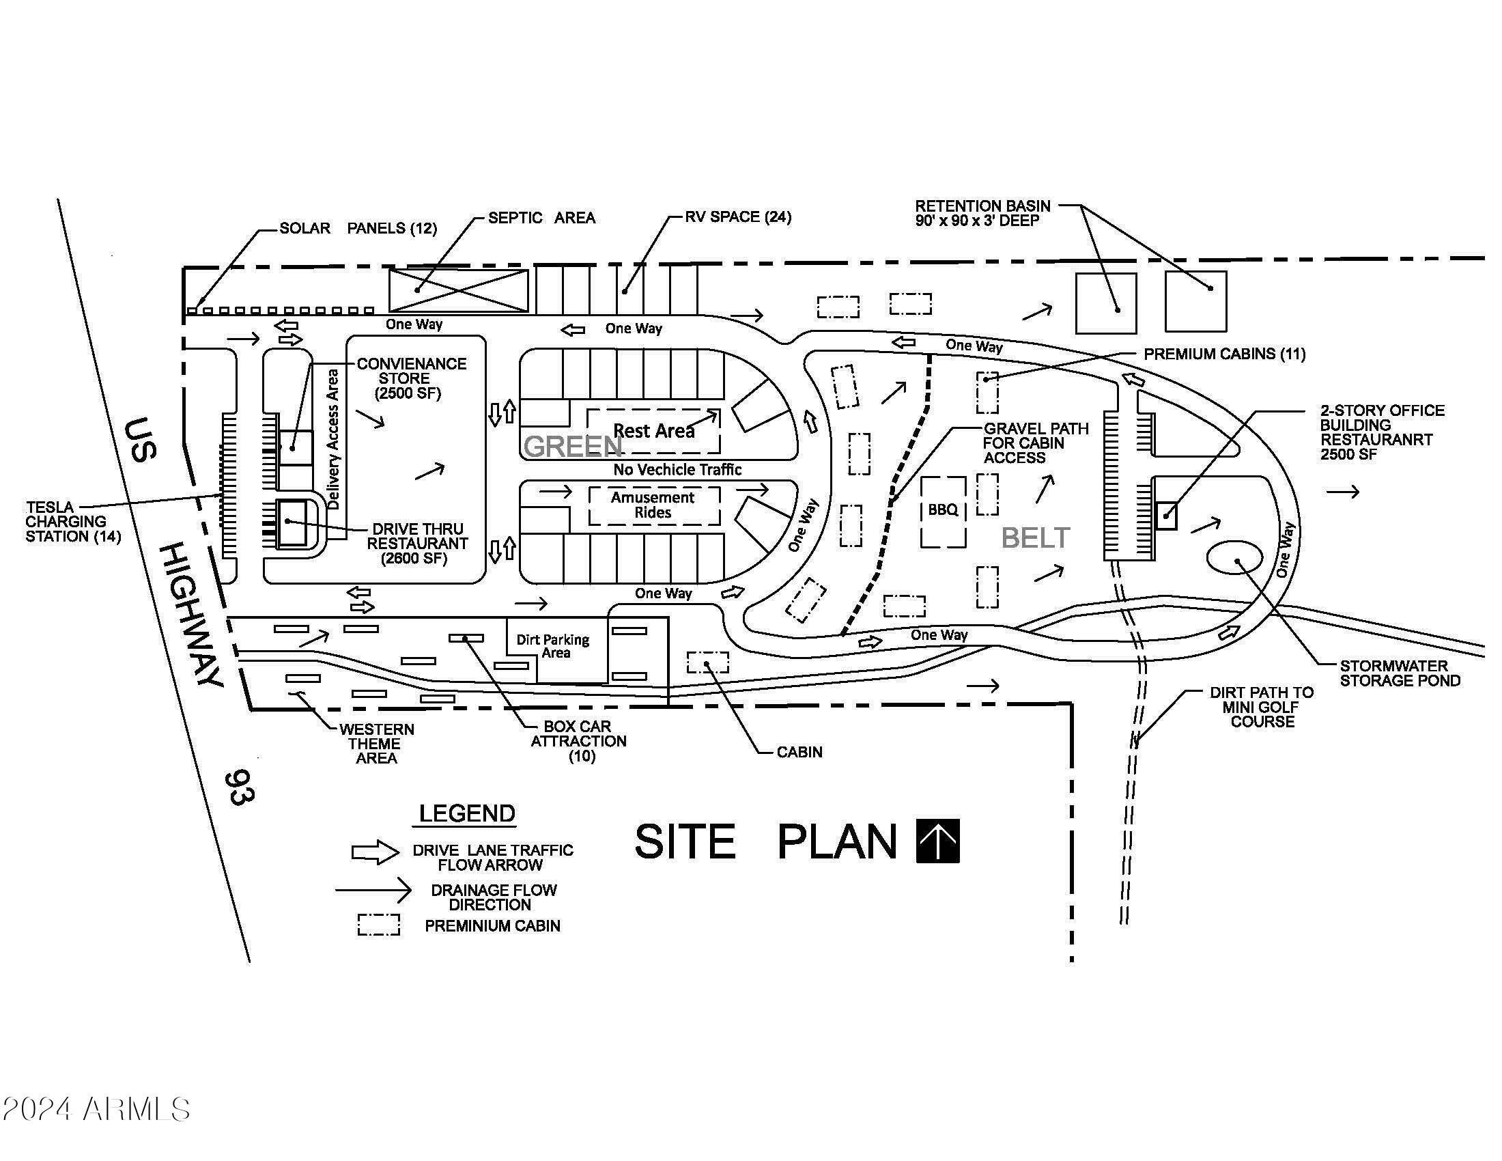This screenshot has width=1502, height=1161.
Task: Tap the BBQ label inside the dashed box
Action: pos(943,509)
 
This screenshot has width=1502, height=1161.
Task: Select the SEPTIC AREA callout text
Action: pos(541,218)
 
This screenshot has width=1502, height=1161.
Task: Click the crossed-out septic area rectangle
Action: pos(459,290)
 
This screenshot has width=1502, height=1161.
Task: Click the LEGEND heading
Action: pos(467,813)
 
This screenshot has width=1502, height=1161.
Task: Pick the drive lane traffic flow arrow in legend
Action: pos(375,853)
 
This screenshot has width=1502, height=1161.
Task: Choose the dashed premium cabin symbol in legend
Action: pos(378,925)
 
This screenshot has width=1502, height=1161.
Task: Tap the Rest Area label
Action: pos(654,431)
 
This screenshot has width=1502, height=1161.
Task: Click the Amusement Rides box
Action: pos(654,505)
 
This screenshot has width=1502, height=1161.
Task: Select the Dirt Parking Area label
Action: pos(553,646)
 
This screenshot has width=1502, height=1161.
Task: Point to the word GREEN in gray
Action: pos(573,447)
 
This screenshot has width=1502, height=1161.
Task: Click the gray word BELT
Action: pos(1036,538)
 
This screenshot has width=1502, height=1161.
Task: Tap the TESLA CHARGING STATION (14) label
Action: pos(73,522)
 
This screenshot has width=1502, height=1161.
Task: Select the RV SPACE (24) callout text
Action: pos(738,217)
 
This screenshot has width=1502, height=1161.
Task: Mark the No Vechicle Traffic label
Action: pos(677,470)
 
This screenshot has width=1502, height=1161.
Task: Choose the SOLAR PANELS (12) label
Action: pos(358,228)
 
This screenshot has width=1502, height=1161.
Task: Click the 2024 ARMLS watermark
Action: pos(96,1108)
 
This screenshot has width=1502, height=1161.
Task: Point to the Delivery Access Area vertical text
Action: pos(333,440)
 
